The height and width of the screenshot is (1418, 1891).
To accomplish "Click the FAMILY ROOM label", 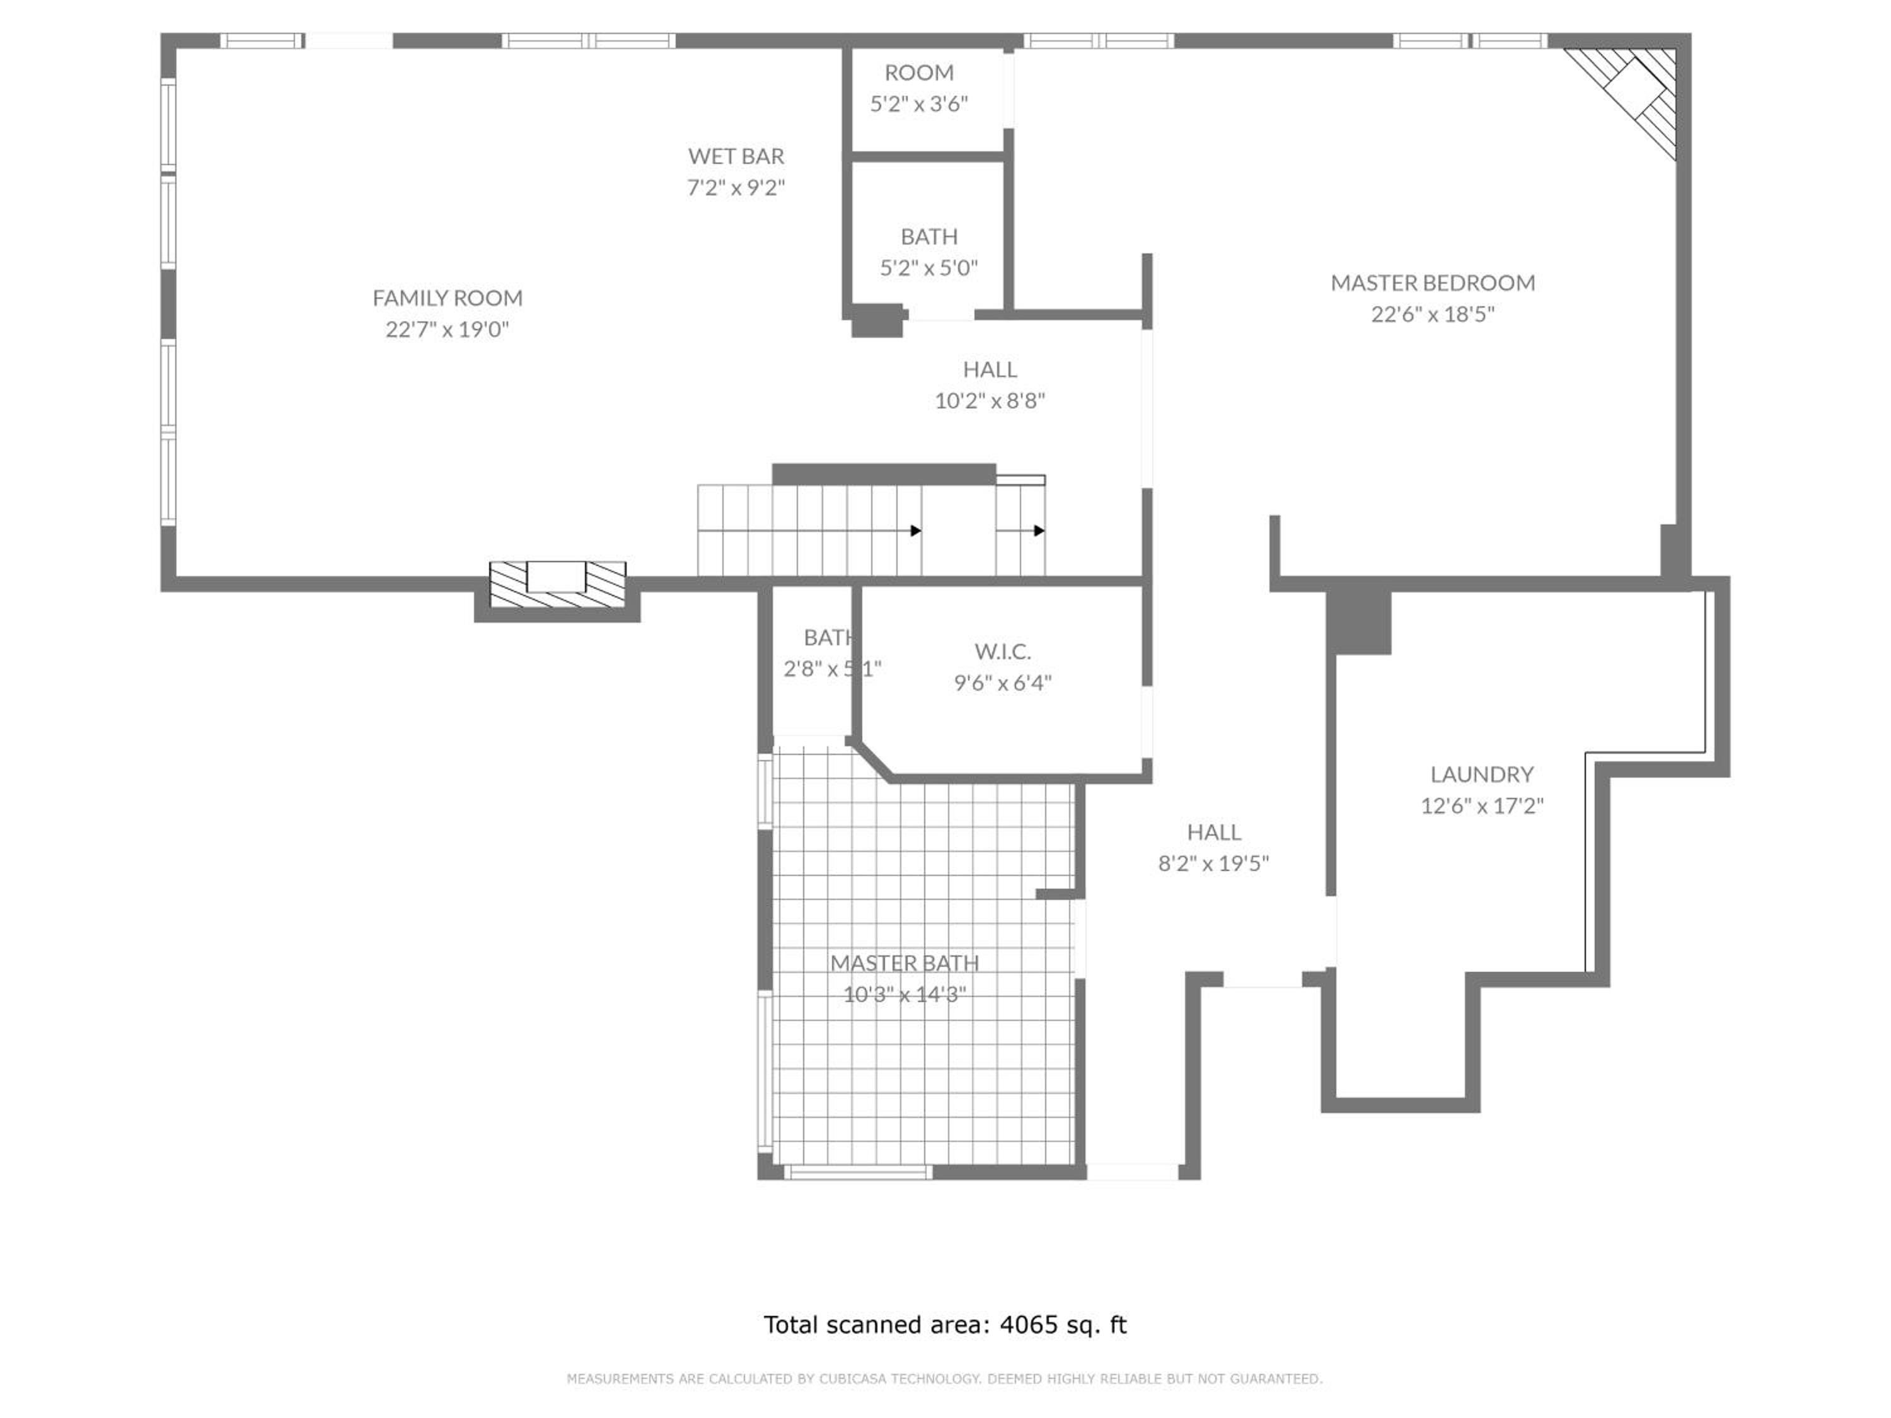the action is click(x=447, y=297).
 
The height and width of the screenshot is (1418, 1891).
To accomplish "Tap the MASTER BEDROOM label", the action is click(x=1433, y=282).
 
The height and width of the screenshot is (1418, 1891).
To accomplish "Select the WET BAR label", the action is click(x=736, y=156).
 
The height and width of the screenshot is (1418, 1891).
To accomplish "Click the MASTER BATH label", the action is click(x=905, y=962).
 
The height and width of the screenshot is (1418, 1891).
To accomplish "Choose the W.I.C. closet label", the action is click(x=1003, y=650).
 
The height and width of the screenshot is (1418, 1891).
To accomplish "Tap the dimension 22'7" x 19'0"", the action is click(x=447, y=329).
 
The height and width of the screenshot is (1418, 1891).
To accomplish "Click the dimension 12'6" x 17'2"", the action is click(x=1481, y=805).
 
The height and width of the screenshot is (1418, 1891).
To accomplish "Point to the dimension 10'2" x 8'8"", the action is click(x=990, y=400).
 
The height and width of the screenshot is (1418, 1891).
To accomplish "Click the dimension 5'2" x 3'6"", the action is click(x=919, y=103).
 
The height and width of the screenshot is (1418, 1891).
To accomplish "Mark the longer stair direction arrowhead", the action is click(x=916, y=531).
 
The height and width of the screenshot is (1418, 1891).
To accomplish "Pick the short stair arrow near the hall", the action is click(x=1020, y=531).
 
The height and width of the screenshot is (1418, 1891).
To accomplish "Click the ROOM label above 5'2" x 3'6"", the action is click(x=919, y=72).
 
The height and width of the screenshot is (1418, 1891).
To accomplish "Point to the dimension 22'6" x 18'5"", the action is click(x=1433, y=314).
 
